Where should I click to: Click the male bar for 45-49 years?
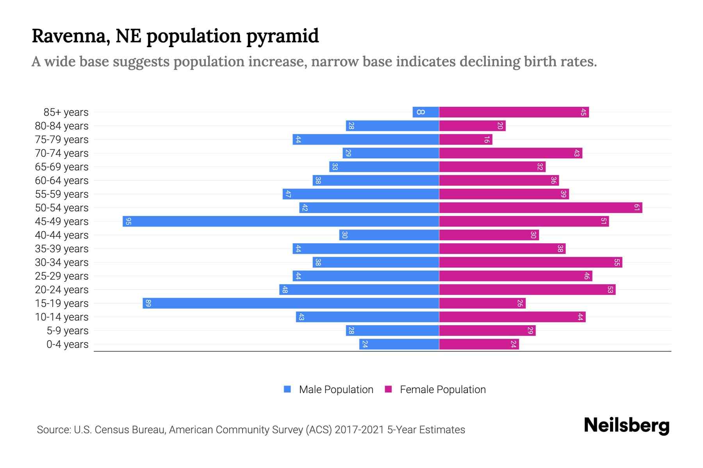tap(280, 221)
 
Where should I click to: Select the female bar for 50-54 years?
tap(541, 207)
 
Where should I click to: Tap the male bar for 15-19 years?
tap(291, 303)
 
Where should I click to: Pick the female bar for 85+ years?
tap(514, 112)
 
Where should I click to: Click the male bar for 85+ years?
tap(426, 112)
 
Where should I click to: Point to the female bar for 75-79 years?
tap(466, 139)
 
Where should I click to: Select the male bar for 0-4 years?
tap(399, 344)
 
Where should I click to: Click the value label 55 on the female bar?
tap(617, 262)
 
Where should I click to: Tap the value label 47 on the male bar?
tap(288, 194)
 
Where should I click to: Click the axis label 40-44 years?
tap(62, 235)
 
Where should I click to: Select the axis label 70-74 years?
tap(62, 153)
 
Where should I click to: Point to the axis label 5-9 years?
tap(68, 331)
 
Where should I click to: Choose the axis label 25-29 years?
tap(62, 276)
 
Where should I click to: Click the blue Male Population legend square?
tap(287, 389)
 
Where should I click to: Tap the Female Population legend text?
tap(442, 390)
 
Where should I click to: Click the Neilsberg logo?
tap(626, 425)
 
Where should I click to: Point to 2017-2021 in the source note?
tap(359, 430)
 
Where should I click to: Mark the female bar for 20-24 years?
tap(527, 289)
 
